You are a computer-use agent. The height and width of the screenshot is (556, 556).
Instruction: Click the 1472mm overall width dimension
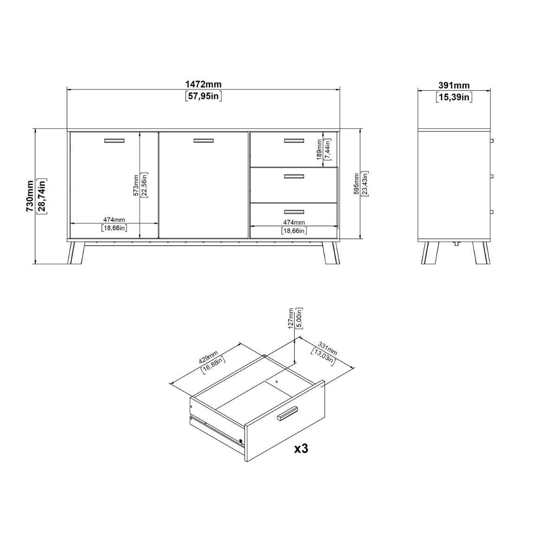click(x=203, y=84)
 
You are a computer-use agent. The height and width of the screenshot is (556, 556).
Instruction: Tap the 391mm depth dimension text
click(x=454, y=85)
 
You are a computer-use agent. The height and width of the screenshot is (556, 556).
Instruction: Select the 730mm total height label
click(x=30, y=196)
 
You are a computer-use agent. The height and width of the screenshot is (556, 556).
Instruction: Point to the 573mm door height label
click(x=136, y=185)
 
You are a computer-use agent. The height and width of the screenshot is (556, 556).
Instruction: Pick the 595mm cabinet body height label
click(x=357, y=184)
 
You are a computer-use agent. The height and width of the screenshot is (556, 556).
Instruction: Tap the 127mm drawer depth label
click(x=291, y=318)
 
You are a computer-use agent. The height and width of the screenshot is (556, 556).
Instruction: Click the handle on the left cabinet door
click(x=114, y=141)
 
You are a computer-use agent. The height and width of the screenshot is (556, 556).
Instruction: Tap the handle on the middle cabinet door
click(x=203, y=141)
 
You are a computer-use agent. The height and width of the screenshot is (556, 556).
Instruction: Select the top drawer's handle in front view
click(x=294, y=141)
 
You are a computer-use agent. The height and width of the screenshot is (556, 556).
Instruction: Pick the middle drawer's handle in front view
click(x=294, y=176)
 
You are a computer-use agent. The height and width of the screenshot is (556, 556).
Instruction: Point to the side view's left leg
click(x=427, y=253)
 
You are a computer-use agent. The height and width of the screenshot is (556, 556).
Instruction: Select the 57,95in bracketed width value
click(x=203, y=96)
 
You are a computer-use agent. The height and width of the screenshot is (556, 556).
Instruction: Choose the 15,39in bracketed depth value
click(x=454, y=97)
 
